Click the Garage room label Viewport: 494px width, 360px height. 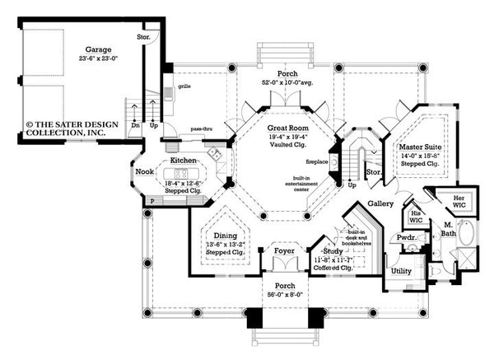(86, 49)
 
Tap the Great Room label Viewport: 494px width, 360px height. (287, 129)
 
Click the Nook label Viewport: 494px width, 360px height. (146, 171)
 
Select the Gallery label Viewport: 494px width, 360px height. (380, 203)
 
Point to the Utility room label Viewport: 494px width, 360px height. (402, 270)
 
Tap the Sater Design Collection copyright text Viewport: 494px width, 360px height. (70, 128)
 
